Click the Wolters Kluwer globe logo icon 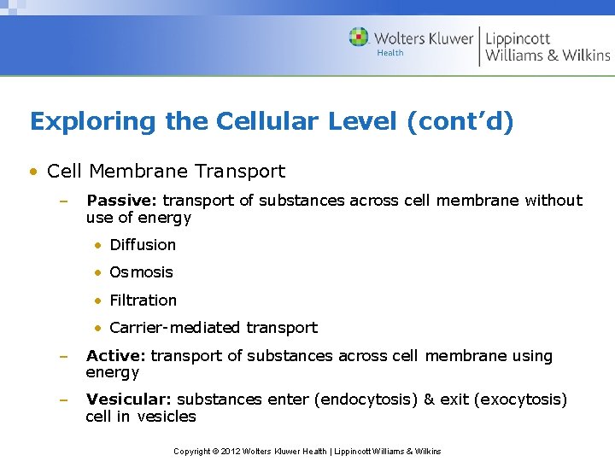pyautogui.click(x=359, y=38)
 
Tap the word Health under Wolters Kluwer pyautogui.click(x=390, y=53)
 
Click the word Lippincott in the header pyautogui.click(x=518, y=38)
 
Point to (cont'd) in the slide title pyautogui.click(x=460, y=122)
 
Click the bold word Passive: pyautogui.click(x=122, y=201)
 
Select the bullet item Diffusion pyautogui.click(x=143, y=245)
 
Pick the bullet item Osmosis pyautogui.click(x=141, y=272)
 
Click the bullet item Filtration pyautogui.click(x=143, y=301)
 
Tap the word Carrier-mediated pyautogui.click(x=175, y=328)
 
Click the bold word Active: pyautogui.click(x=115, y=356)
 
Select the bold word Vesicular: pyautogui.click(x=129, y=400)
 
